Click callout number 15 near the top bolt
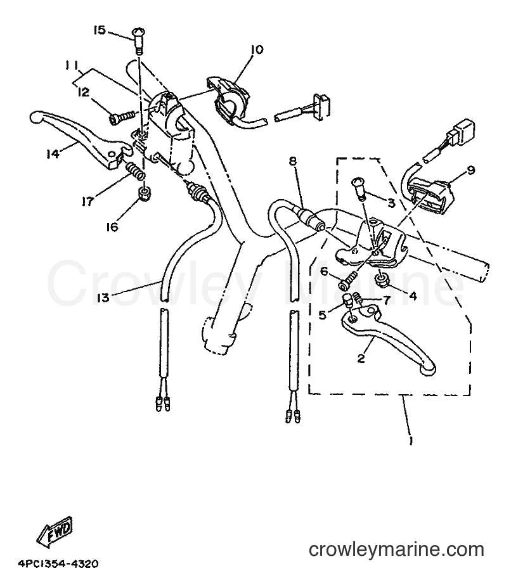pos(100,30)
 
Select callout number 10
pos(257,49)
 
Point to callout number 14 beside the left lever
pos(53,154)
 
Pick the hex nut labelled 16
pos(143,193)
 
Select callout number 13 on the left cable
pos(103,297)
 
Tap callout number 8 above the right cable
pos(292,162)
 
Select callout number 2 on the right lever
pos(361,357)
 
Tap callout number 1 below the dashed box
pos(411,441)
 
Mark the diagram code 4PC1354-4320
pos(58,564)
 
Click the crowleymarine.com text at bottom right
pos(396,550)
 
